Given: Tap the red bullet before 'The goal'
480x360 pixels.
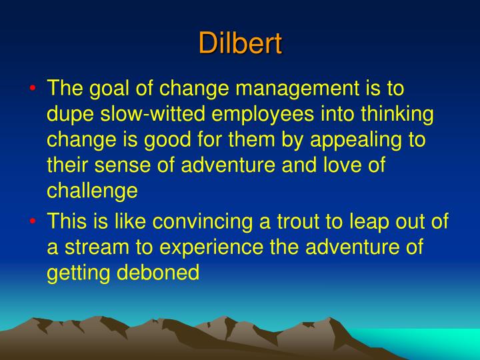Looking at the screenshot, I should [x=33, y=89].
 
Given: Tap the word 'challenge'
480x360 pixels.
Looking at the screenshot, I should [x=92, y=191].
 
